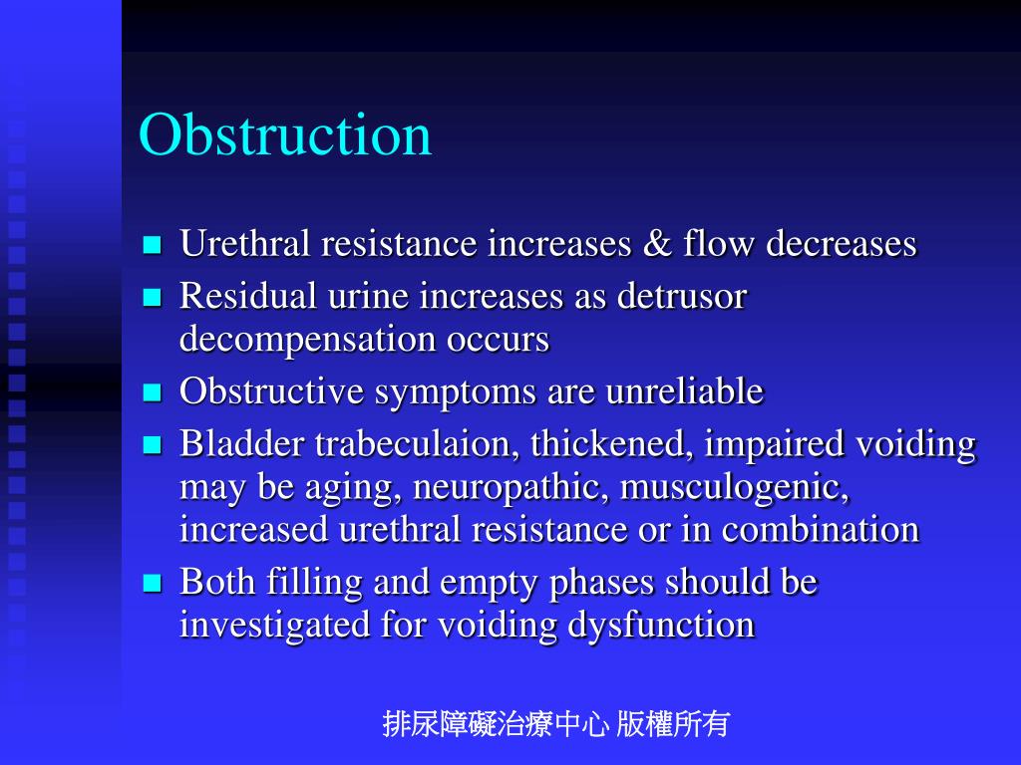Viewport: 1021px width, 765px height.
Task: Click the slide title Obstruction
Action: pos(285,135)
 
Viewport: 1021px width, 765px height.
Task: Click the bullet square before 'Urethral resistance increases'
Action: pos(153,245)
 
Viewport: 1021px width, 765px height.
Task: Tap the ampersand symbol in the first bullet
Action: pos(657,244)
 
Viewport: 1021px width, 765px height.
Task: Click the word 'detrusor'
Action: pos(683,296)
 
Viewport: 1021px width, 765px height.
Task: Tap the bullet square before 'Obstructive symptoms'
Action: pos(153,393)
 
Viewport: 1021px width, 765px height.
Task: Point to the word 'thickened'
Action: pos(612,444)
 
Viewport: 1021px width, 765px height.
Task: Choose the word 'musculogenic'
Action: pos(735,488)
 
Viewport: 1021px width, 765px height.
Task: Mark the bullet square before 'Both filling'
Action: pos(153,584)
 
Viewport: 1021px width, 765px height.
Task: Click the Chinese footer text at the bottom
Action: pos(556,724)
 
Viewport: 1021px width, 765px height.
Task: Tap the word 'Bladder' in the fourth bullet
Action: pos(242,444)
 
